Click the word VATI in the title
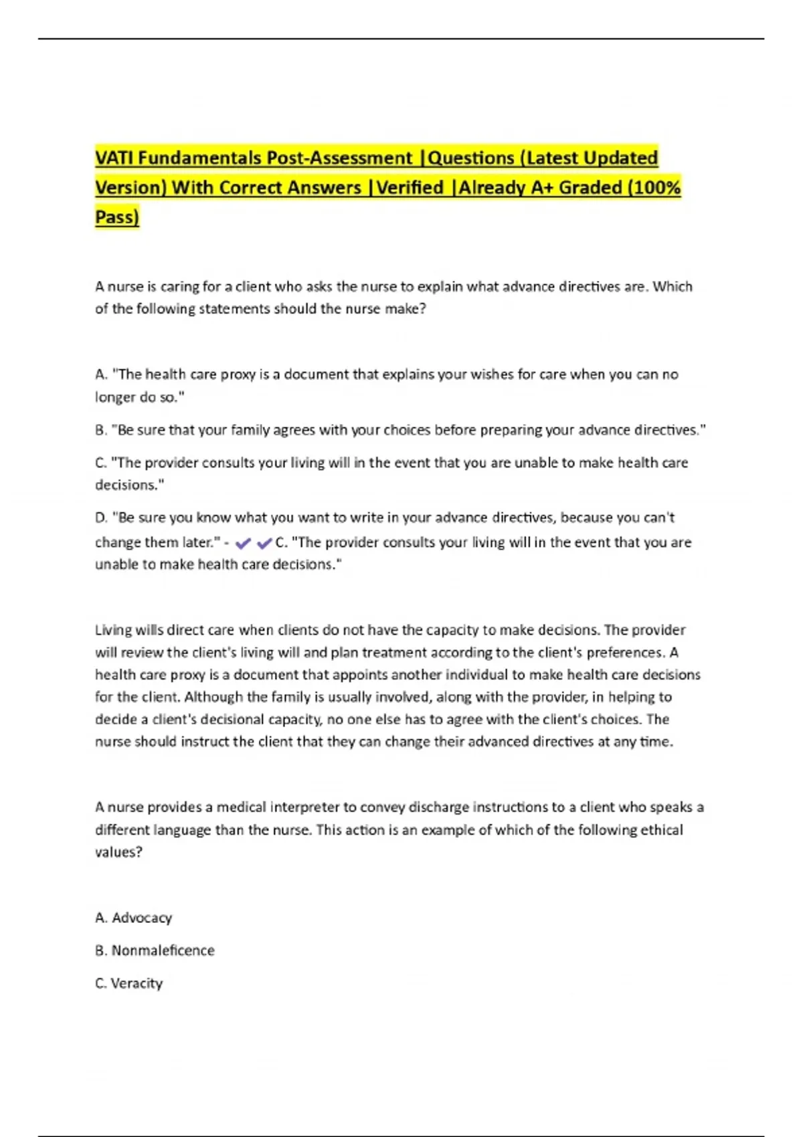pos(114,158)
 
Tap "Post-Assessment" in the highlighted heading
pos(339,158)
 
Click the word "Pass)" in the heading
pos(117,217)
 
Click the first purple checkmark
pos(243,543)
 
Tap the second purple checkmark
pos(264,543)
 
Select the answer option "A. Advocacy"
pos(134,918)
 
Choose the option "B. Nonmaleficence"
pos(155,950)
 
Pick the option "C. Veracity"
pos(129,983)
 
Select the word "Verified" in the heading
pos(410,187)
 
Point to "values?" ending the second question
pos(118,852)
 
